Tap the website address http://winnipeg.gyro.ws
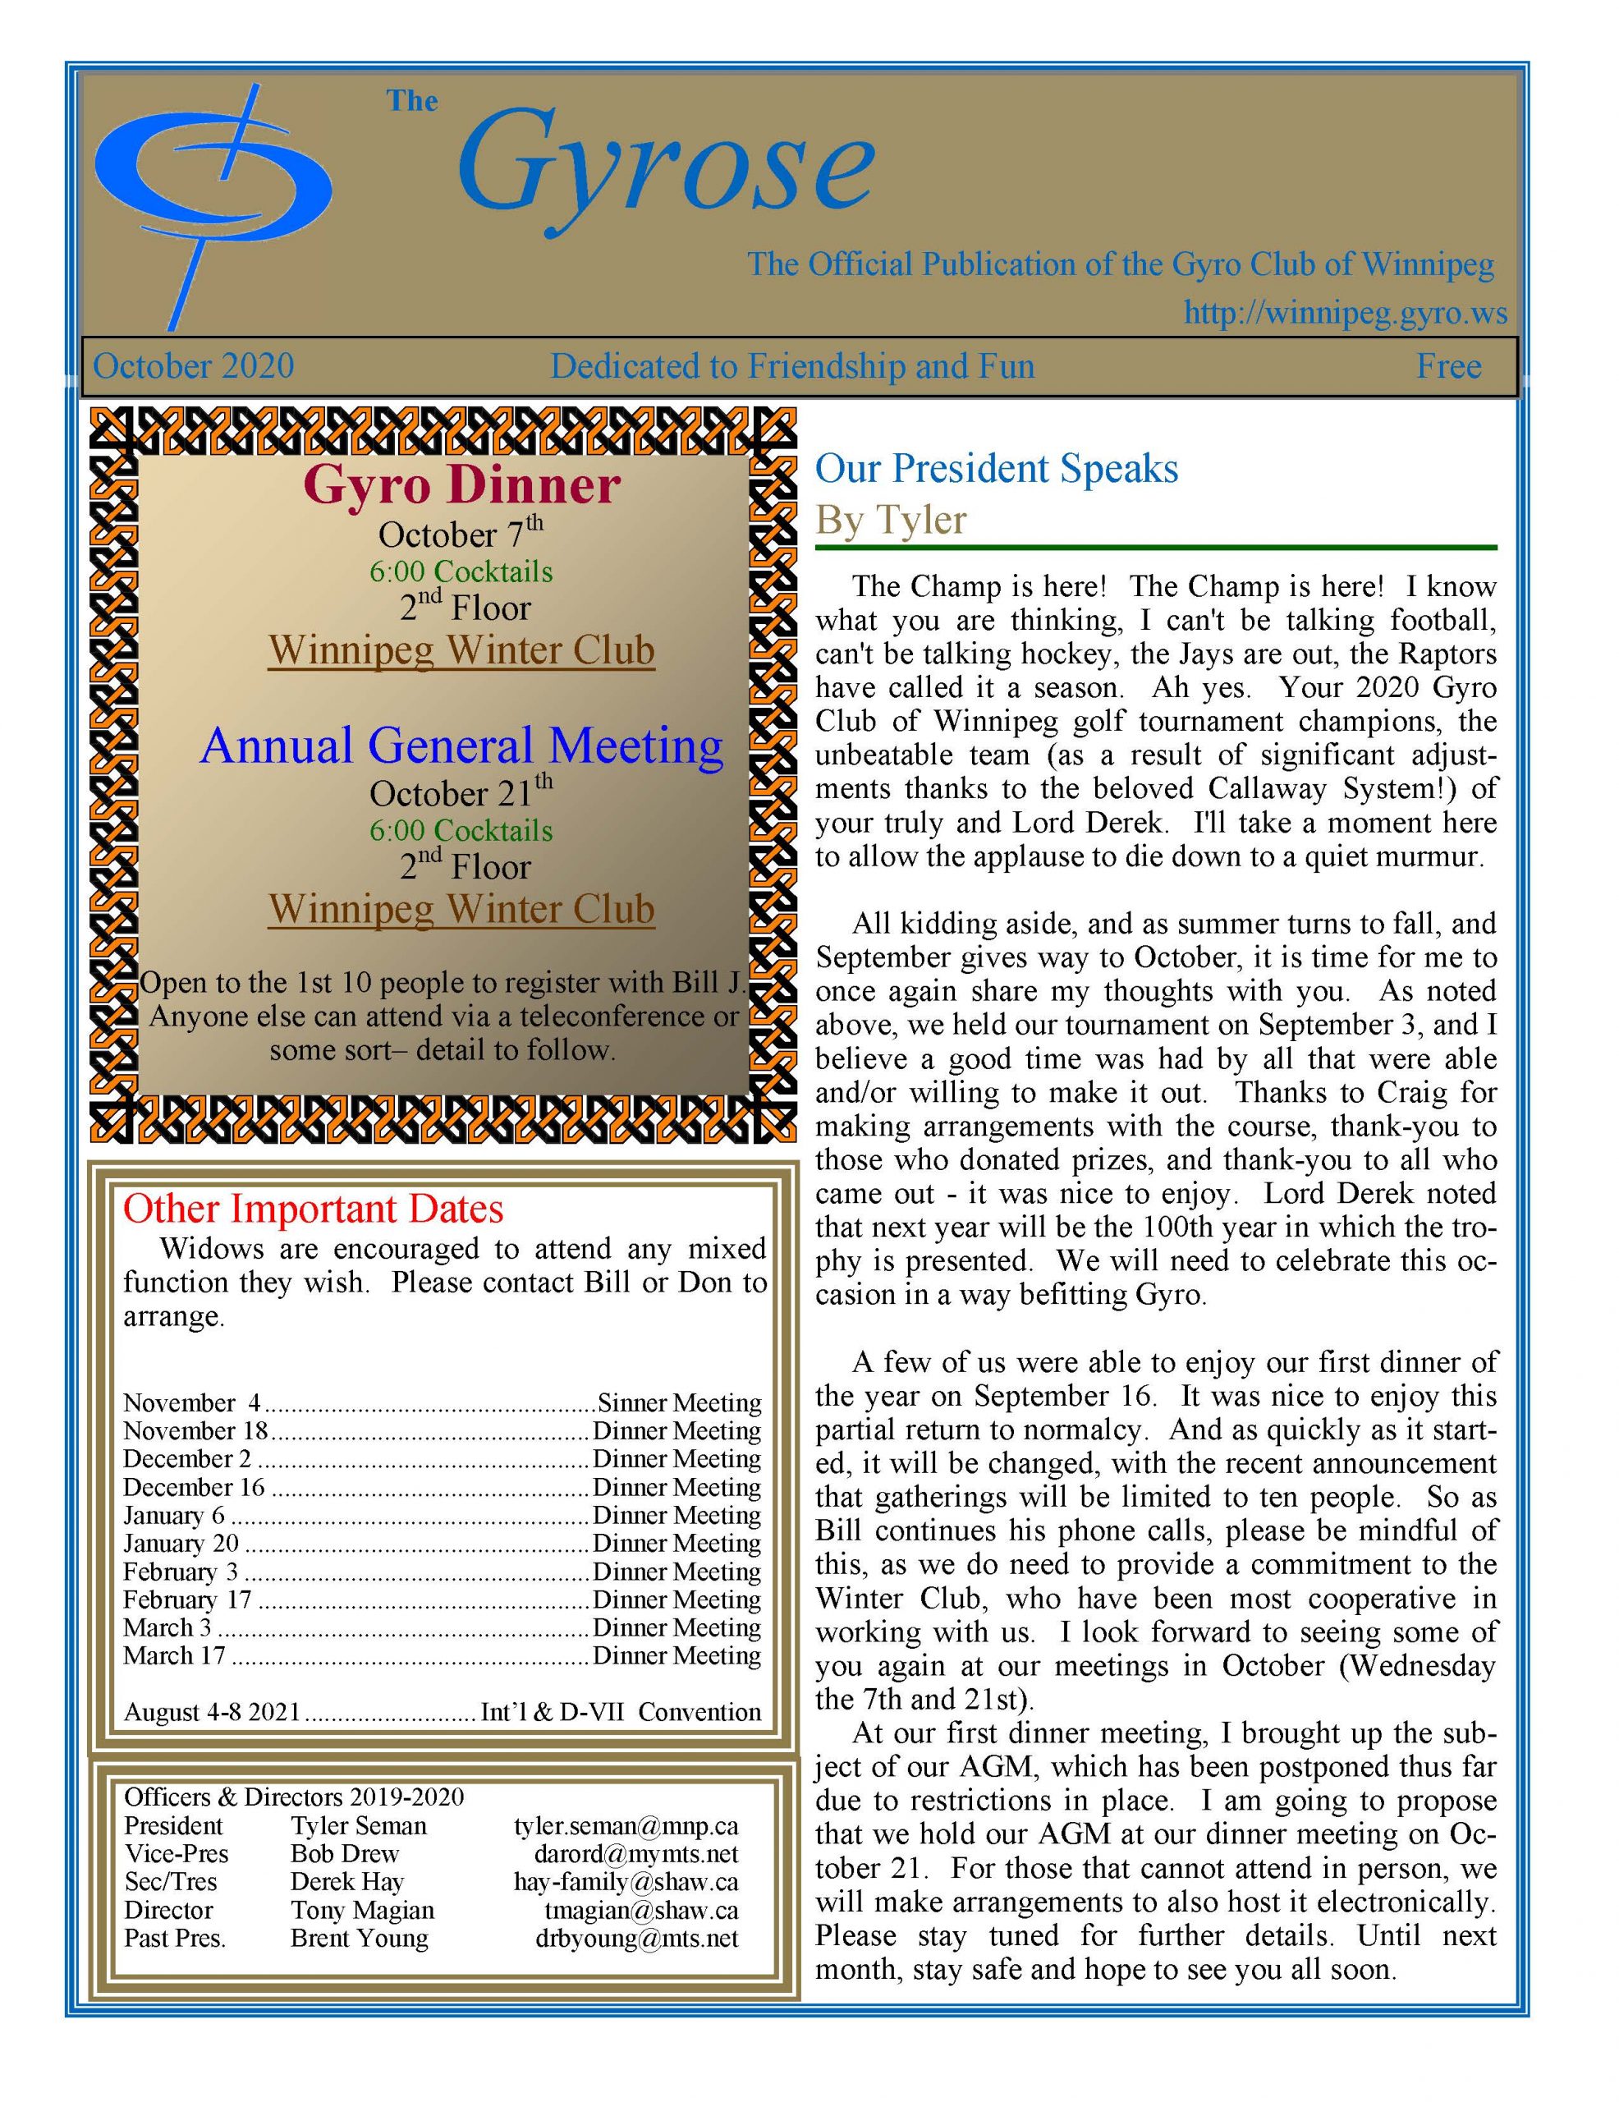tap(1345, 314)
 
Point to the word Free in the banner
tap(1447, 367)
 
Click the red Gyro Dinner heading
tap(462, 485)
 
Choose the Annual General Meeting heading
tap(462, 746)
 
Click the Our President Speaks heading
tap(996, 469)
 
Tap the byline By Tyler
tap(890, 520)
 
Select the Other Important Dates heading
tap(313, 1209)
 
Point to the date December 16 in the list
tap(194, 1487)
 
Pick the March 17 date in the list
tap(174, 1655)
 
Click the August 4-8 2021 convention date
tap(212, 1712)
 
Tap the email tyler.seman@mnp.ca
tap(626, 1826)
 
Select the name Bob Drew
tap(345, 1854)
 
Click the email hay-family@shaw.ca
tap(626, 1882)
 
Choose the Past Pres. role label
tap(174, 1938)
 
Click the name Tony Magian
tap(362, 1910)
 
